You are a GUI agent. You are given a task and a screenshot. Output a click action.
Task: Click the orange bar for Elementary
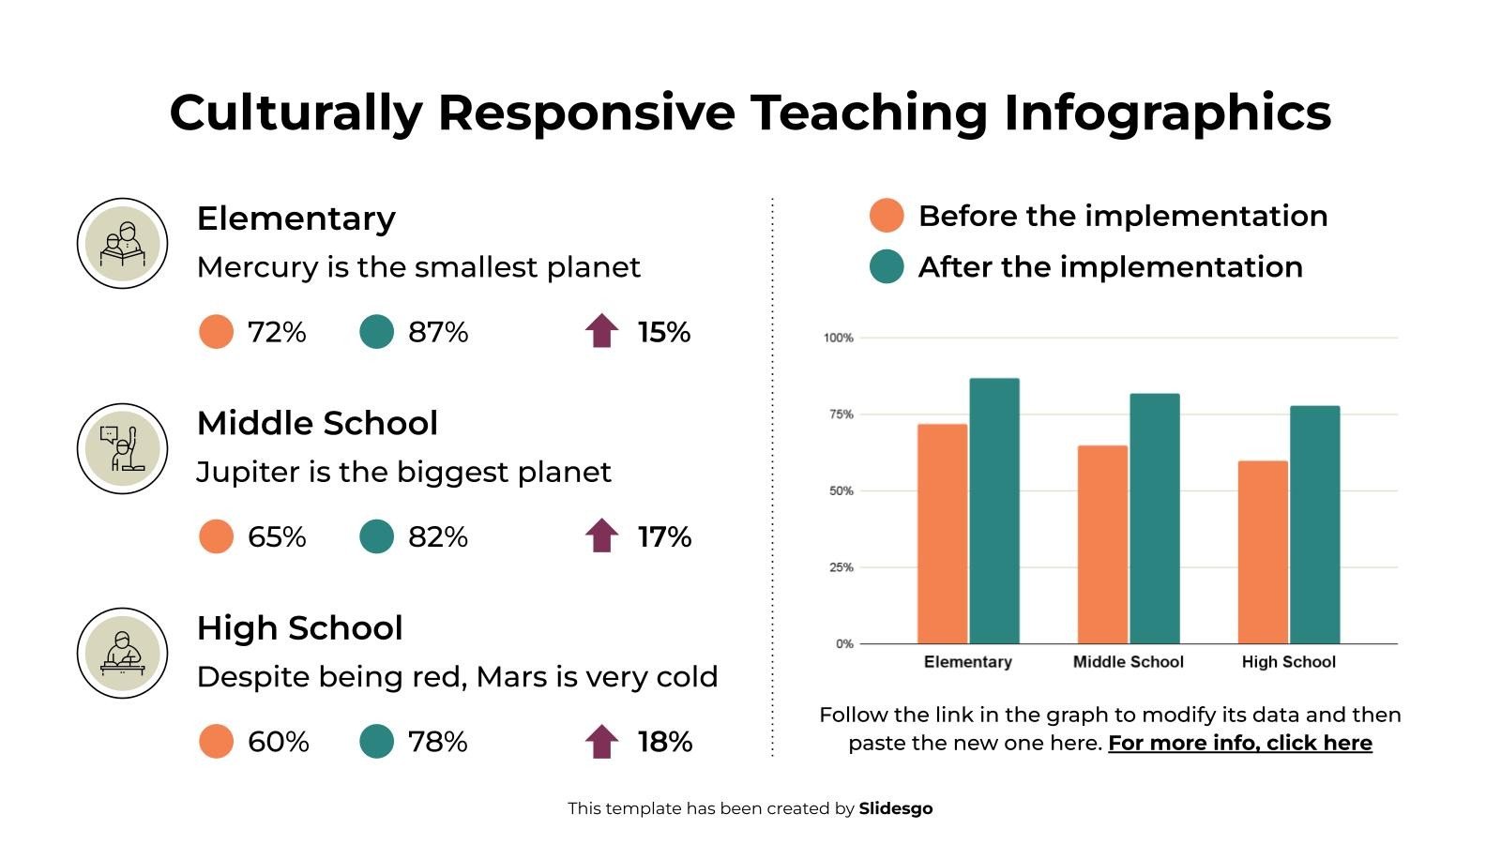pos(942,534)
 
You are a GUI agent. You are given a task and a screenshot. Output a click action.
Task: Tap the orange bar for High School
pos(1263,552)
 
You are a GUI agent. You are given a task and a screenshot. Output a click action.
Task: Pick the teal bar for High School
pos(1314,525)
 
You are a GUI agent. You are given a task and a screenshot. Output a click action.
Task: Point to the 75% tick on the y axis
pos(839,414)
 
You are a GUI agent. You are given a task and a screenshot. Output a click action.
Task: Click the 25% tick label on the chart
pos(839,567)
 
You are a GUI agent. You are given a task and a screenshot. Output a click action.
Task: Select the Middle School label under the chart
pos(1128,662)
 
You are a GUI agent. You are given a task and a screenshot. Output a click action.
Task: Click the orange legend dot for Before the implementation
pos(887,216)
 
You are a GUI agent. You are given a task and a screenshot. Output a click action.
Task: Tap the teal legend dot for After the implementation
pos(887,267)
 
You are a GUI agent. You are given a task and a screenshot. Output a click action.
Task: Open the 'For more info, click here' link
pos(1239,744)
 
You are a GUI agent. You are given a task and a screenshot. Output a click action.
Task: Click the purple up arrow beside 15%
pos(601,332)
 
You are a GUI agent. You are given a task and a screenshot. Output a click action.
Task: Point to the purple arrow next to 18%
pos(601,742)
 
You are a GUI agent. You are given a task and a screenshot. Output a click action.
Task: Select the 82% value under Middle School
pos(437,537)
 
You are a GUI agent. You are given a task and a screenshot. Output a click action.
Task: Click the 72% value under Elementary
pos(277,333)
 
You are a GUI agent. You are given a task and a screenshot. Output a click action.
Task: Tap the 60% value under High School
pos(278,742)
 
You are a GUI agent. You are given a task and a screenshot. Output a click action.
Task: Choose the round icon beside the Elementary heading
pos(122,244)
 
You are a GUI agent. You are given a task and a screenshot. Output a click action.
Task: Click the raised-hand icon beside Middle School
pos(122,448)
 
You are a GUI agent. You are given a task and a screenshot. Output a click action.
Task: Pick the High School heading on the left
pos(299,628)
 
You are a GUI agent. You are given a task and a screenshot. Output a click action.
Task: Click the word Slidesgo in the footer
pos(895,808)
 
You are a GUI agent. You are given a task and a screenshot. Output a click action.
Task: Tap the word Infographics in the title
pos(1167,113)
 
